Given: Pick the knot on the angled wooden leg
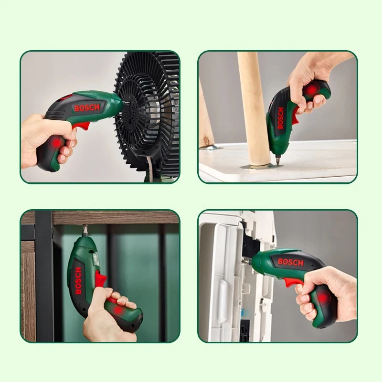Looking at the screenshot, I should pos(208,141).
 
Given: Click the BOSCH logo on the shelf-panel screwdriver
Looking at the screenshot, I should pos(78,281).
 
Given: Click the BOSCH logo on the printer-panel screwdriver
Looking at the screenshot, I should pos(290,262).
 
